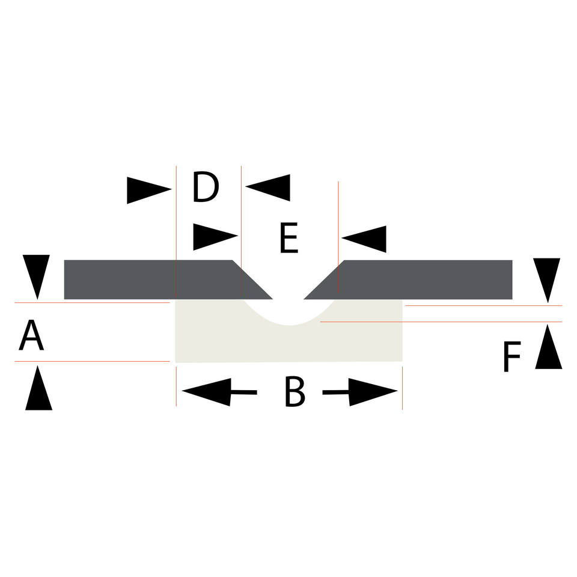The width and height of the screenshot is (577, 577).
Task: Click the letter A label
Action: [x=31, y=335]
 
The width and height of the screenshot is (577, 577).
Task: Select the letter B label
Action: [x=295, y=393]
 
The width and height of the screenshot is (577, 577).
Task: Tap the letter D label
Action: [x=206, y=188]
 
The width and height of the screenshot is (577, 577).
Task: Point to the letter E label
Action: [x=288, y=240]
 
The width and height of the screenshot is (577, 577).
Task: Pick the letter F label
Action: [x=511, y=357]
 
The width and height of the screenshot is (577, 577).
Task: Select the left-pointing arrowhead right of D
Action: [x=269, y=188]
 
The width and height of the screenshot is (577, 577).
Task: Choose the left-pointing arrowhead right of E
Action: [x=364, y=239]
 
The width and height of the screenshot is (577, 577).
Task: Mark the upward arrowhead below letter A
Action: [x=38, y=389]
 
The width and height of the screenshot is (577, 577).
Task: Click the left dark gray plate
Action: [x=150, y=279]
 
